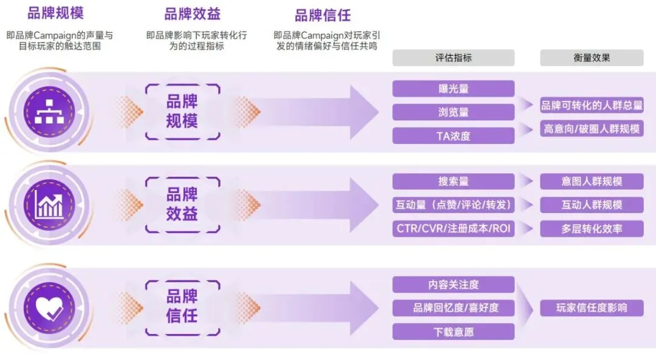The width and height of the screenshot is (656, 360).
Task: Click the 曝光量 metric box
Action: pyautogui.click(x=453, y=89)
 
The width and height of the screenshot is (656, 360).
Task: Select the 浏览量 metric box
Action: pyautogui.click(x=453, y=112)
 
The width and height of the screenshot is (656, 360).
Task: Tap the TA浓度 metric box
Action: pyautogui.click(x=453, y=136)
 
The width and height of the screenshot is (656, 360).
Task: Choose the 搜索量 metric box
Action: pyautogui.click(x=453, y=182)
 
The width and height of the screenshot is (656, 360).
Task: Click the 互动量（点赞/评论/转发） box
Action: pyautogui.click(x=453, y=205)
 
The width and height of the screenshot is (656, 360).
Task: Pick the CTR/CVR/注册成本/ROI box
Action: pyautogui.click(x=453, y=229)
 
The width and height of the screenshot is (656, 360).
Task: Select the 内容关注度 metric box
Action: pyautogui.click(x=453, y=284)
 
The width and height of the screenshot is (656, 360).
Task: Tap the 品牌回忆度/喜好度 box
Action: pyautogui.click(x=453, y=308)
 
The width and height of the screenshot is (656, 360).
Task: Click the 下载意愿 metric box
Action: pyautogui.click(x=453, y=331)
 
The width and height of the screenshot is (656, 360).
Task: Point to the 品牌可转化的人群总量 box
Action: pyautogui.click(x=592, y=106)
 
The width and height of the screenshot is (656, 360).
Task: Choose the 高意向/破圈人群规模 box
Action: pyautogui.click(x=592, y=129)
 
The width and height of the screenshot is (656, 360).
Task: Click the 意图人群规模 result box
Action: pyautogui.click(x=592, y=182)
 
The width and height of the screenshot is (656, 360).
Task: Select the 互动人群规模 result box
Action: pyautogui.click(x=592, y=205)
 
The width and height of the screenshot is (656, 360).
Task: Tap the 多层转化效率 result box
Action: pyautogui.click(x=592, y=229)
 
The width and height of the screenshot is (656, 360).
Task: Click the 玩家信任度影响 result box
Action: pyautogui.click(x=592, y=308)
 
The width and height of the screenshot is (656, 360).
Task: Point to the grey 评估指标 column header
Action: pyautogui.click(x=453, y=58)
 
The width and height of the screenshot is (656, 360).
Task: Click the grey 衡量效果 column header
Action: pyautogui.click(x=592, y=58)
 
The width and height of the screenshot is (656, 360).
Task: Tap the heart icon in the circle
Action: pyautogui.click(x=47, y=309)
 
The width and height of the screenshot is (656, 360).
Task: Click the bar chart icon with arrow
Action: pyautogui.click(x=47, y=205)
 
